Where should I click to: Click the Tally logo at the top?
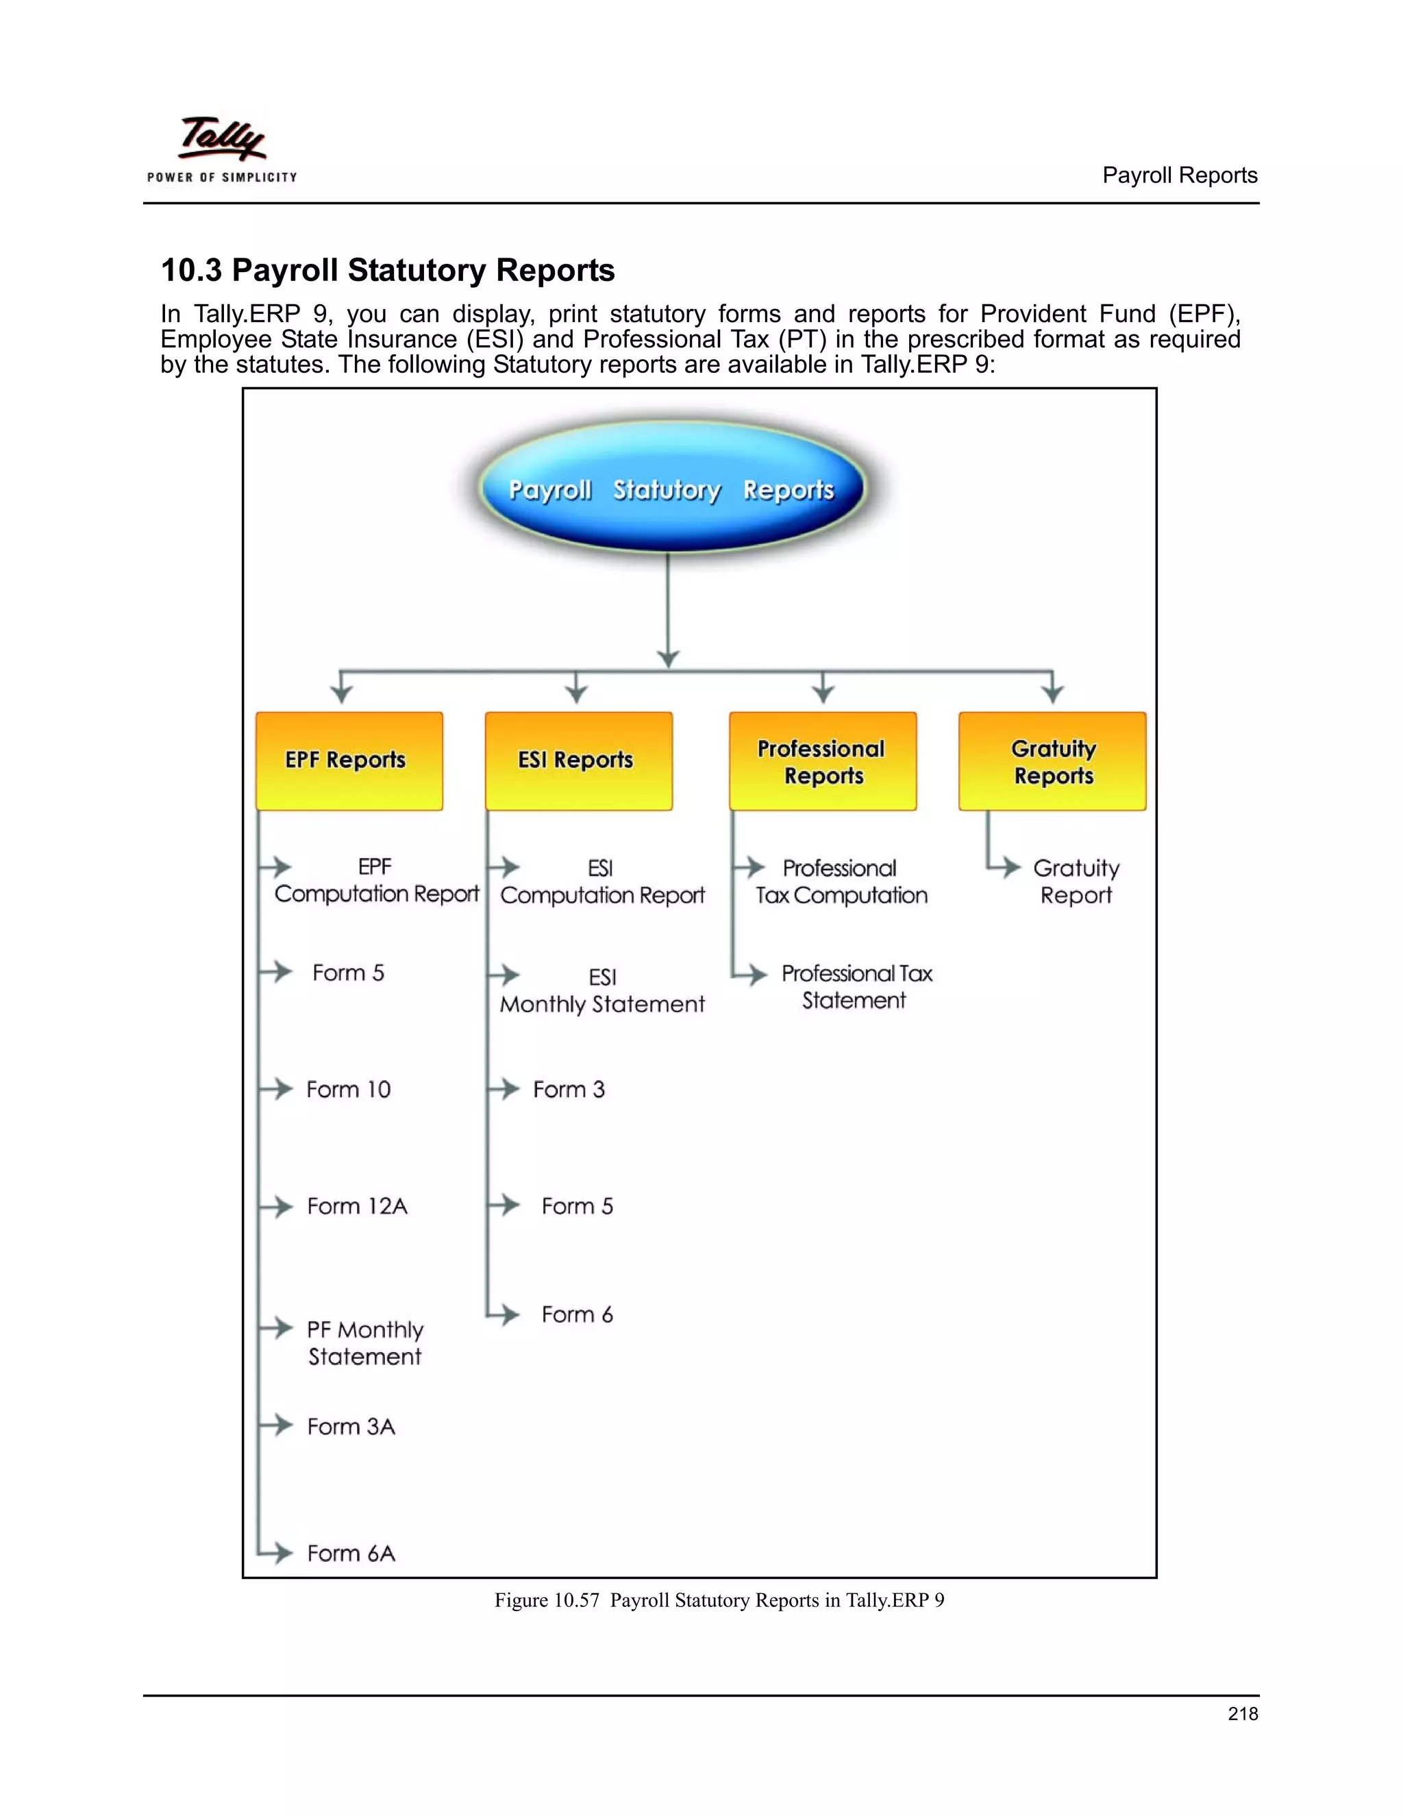222,149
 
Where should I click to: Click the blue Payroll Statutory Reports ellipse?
671,488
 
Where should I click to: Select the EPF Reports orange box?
349,760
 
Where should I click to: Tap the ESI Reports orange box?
578,760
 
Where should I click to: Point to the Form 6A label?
351,1554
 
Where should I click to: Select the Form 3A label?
351,1426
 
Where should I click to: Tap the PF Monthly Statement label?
365,1343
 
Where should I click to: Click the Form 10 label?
348,1090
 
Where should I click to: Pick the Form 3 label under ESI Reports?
569,1090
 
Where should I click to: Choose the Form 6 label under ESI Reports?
578,1314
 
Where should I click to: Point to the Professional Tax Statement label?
856,987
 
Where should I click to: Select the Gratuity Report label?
1076,881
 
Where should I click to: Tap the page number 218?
1243,1713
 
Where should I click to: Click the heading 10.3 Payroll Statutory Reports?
387,270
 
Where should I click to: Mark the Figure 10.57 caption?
719,1601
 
